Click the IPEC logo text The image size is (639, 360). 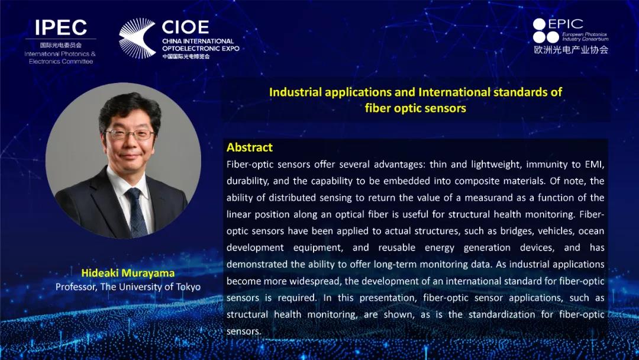(x=61, y=27)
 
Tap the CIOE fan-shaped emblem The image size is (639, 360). (x=137, y=38)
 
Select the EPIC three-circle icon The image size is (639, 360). (x=546, y=31)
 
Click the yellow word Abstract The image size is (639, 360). (x=250, y=147)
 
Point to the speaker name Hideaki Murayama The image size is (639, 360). (x=128, y=273)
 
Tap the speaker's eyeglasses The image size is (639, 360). (x=130, y=134)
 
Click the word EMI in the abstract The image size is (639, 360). (x=594, y=164)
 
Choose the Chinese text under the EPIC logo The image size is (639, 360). (x=571, y=50)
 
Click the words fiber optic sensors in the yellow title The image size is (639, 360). (x=415, y=108)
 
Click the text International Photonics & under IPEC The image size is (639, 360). (x=60, y=54)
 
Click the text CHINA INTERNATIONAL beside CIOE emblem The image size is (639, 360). (x=198, y=41)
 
